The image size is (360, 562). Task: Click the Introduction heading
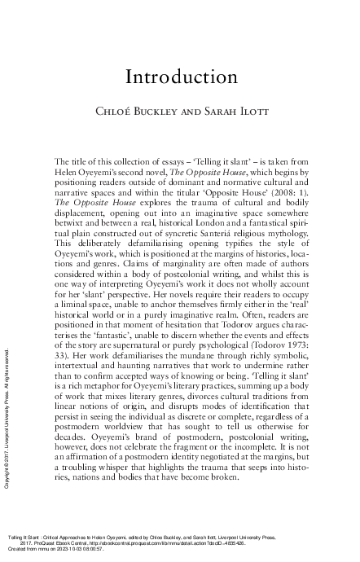click(180, 77)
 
